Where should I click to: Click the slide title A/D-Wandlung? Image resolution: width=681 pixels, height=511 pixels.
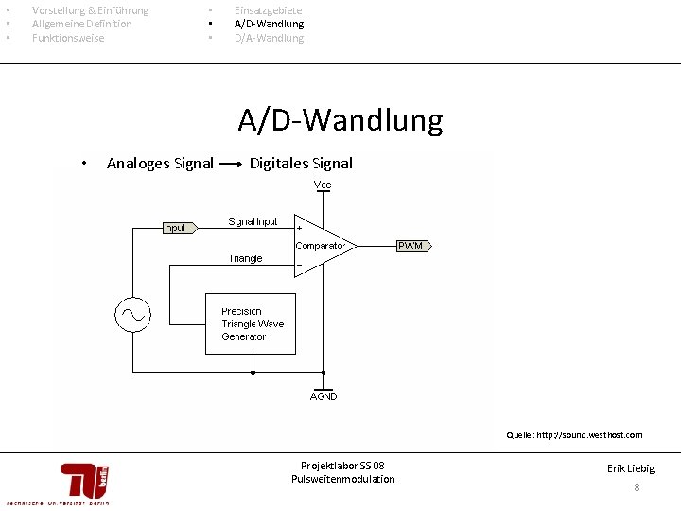point(340,121)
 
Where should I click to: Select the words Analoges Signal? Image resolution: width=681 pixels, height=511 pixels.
point(160,164)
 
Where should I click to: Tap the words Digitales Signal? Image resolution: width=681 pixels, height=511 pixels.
point(301,164)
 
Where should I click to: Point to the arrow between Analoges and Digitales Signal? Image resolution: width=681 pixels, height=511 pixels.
point(231,164)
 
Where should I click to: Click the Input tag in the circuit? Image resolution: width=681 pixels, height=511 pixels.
point(178,227)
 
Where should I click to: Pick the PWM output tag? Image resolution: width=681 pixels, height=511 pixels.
point(414,246)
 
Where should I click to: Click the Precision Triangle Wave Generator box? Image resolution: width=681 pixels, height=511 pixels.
point(252,324)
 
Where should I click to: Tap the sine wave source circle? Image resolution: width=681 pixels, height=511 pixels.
point(132,313)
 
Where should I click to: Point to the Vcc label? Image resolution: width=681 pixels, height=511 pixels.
point(323,184)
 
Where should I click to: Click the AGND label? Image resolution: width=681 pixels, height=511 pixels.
point(323,396)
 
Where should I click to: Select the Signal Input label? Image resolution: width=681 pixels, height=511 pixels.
point(253,221)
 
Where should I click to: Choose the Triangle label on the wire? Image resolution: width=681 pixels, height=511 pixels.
point(245,258)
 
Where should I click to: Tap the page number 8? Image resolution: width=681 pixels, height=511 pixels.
point(637,487)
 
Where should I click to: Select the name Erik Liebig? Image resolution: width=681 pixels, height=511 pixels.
point(631,468)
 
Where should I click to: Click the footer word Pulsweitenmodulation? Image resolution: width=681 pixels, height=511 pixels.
point(342,479)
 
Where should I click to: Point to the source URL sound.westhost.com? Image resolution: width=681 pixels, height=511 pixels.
point(602,435)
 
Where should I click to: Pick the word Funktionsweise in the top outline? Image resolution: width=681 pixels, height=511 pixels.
point(68,38)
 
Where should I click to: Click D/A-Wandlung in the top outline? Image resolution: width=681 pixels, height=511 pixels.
point(269,38)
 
